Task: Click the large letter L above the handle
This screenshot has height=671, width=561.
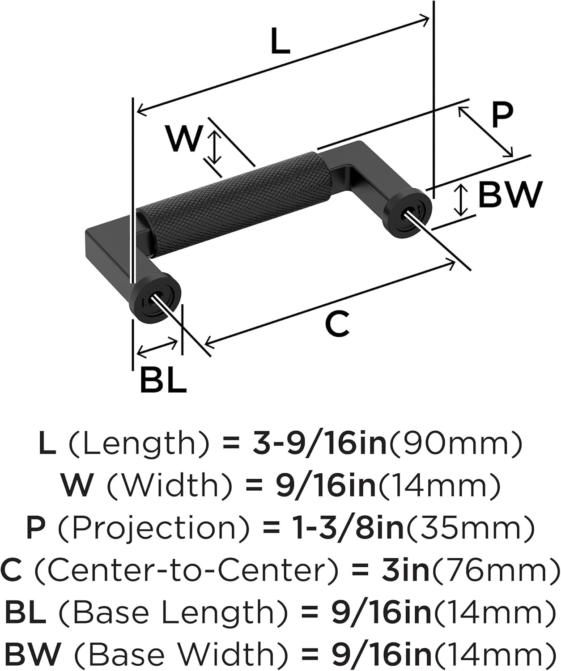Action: pyautogui.click(x=280, y=41)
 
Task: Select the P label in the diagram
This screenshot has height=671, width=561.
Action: pyautogui.click(x=502, y=116)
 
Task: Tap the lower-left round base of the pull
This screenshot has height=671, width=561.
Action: pyautogui.click(x=155, y=297)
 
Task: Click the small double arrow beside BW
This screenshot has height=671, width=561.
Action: pyautogui.click(x=461, y=200)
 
